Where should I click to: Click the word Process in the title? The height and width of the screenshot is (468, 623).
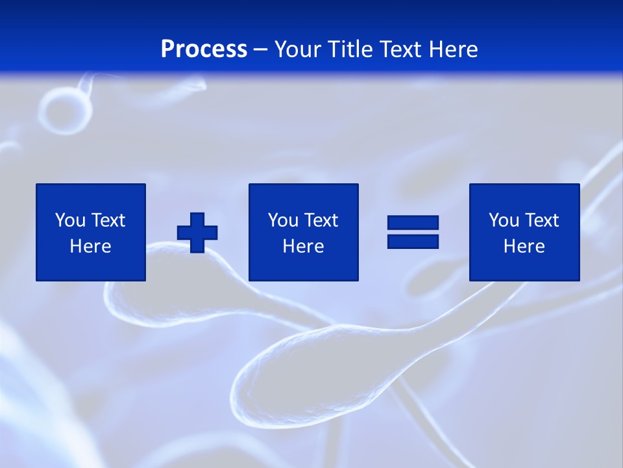tap(204, 49)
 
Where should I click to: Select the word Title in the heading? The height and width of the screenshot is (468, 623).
tap(350, 49)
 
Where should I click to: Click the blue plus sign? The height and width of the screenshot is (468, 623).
tap(197, 233)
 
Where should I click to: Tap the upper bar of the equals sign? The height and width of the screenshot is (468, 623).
tap(413, 223)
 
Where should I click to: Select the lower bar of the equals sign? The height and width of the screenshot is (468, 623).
tap(413, 241)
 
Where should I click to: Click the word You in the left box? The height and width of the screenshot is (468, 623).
tap(70, 220)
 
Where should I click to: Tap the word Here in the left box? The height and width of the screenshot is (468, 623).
tap(90, 246)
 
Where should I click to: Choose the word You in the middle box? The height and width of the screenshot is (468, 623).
tap(283, 220)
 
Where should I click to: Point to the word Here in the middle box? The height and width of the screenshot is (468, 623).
tap(303, 246)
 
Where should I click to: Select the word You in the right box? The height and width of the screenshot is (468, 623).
tap(504, 220)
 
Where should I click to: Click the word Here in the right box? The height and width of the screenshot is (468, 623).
tap(524, 246)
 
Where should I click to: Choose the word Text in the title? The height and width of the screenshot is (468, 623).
tap(398, 49)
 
